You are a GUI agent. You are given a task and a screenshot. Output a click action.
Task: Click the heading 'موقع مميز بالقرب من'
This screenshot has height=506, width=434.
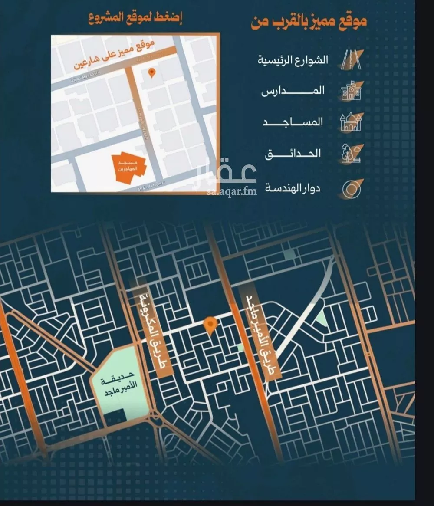tap(309, 21)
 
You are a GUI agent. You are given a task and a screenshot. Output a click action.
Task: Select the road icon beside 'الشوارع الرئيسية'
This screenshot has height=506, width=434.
tap(351, 60)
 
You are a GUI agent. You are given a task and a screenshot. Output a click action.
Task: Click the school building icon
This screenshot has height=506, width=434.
tap(351, 91)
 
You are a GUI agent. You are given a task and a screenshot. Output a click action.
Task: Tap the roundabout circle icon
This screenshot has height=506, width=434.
tap(351, 189)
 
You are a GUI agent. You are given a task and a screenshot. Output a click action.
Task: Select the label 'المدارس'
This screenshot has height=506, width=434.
tap(293, 91)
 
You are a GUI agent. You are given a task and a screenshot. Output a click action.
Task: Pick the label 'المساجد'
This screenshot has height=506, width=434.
tap(293, 122)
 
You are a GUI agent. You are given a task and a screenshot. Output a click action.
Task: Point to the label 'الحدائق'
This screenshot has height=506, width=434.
tap(293, 153)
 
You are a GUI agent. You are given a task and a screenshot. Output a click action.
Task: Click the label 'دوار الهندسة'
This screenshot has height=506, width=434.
tap(293, 188)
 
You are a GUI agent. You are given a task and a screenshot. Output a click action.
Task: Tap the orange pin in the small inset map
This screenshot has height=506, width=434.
tap(151, 72)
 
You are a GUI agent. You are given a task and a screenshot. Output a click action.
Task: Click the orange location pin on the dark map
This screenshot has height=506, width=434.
tap(210, 325)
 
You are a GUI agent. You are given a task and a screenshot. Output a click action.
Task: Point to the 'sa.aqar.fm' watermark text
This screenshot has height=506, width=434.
tap(232, 191)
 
